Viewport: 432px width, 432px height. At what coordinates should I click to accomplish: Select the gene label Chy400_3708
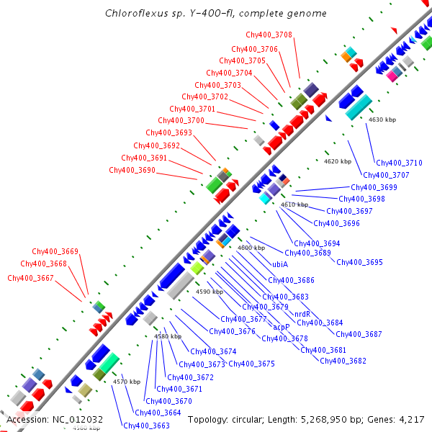(269, 35)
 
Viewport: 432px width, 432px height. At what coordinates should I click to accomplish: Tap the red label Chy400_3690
(132, 170)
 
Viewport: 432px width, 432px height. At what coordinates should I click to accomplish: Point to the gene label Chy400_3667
(30, 278)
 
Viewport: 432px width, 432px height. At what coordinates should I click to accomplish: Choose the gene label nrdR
(302, 314)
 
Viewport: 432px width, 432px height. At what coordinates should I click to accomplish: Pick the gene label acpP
(282, 326)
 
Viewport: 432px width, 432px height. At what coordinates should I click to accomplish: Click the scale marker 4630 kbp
(382, 120)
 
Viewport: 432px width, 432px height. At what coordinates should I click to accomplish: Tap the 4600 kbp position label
(251, 248)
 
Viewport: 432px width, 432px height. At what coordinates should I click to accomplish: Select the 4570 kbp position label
(127, 382)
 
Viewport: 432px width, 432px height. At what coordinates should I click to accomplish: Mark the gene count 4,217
(410, 419)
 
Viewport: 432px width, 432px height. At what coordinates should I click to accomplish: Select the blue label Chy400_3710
(399, 163)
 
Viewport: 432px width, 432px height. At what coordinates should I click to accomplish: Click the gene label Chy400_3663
(146, 426)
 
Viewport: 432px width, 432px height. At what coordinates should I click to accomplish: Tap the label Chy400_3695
(359, 262)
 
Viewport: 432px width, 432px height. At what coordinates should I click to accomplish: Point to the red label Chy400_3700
(181, 120)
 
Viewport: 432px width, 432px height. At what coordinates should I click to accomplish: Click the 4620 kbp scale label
(338, 161)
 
